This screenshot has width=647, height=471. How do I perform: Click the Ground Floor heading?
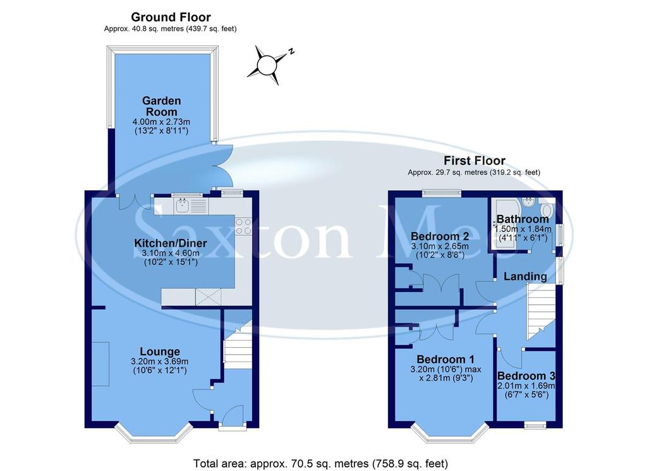pyautogui.click(x=171, y=17)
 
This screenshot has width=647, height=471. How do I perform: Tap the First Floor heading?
pyautogui.click(x=474, y=161)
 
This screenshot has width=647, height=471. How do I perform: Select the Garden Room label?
pyautogui.click(x=162, y=106)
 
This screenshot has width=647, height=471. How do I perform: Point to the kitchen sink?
pyautogui.click(x=183, y=205)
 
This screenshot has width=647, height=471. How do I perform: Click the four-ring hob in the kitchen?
pyautogui.click(x=243, y=226)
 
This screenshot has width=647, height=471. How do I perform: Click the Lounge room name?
pyautogui.click(x=160, y=352)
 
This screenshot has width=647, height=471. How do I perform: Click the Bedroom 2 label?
pyautogui.click(x=440, y=236)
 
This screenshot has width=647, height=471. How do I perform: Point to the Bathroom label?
pyautogui.click(x=523, y=219)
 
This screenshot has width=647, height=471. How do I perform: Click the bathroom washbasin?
pyautogui.click(x=529, y=202)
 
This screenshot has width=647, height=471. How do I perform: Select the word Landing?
pyautogui.click(x=525, y=276)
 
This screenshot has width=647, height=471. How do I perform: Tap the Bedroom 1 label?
pyautogui.click(x=445, y=359)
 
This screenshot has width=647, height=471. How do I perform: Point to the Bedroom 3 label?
pyautogui.click(x=526, y=376)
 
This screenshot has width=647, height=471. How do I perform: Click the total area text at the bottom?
pyautogui.click(x=320, y=463)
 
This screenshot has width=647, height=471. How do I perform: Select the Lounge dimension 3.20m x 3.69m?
pyautogui.click(x=160, y=361)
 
